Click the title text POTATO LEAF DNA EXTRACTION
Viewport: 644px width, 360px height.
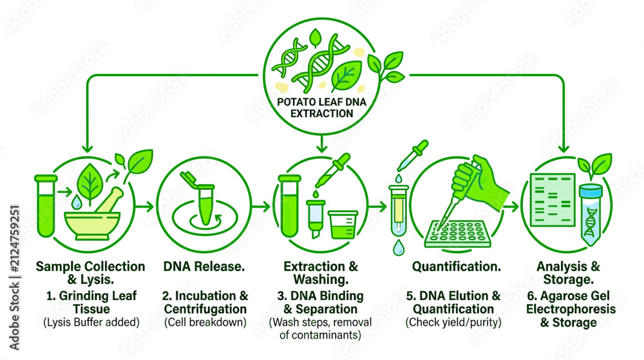(x=321, y=108)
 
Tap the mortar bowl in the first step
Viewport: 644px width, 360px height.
(x=92, y=225)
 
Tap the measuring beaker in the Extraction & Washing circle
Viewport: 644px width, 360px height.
(x=343, y=225)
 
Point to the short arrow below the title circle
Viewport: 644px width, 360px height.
(x=322, y=143)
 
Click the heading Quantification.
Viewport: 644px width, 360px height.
(x=457, y=267)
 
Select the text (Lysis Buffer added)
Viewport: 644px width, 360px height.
(x=91, y=322)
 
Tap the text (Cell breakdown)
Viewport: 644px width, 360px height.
(x=205, y=322)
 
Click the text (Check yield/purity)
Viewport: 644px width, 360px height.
(x=453, y=322)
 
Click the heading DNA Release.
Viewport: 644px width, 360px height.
(x=204, y=267)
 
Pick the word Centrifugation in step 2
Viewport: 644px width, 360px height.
(x=205, y=309)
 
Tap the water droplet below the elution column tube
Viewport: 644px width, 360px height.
(x=399, y=247)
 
